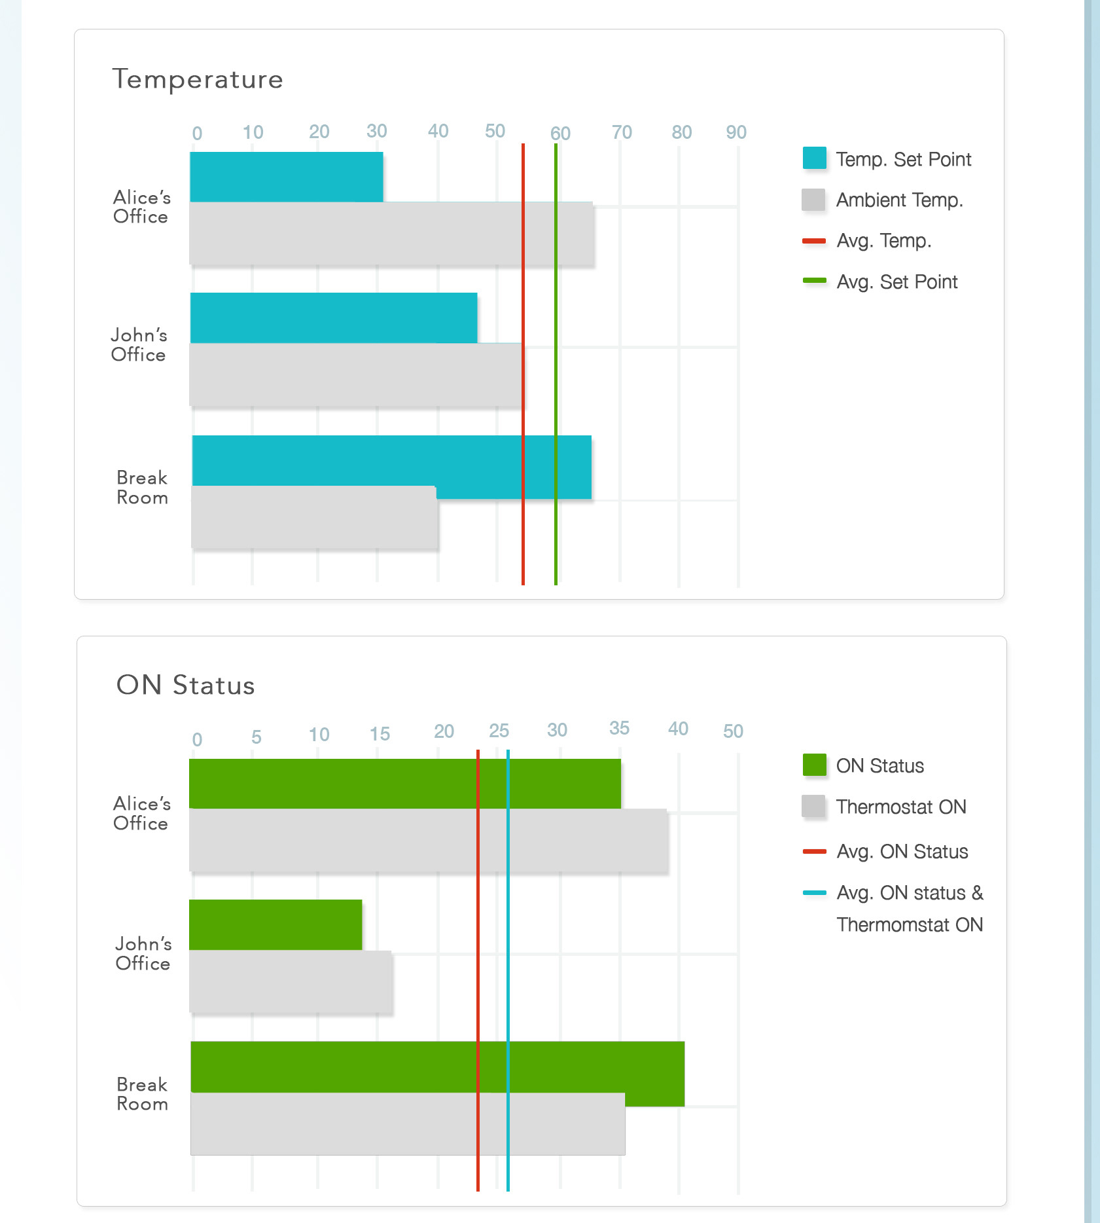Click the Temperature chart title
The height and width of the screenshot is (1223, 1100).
198,79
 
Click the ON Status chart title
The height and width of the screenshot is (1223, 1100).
185,685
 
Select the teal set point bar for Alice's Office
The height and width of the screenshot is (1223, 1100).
287,177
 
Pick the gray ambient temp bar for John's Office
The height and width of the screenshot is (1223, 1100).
356,374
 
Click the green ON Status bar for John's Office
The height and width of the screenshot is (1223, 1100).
275,924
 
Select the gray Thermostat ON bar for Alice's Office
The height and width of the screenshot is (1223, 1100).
429,841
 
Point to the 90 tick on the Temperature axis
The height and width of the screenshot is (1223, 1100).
736,132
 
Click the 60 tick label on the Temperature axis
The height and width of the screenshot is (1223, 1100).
560,134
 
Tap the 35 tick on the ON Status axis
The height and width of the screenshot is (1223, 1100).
619,728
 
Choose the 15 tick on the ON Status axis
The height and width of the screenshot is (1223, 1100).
380,734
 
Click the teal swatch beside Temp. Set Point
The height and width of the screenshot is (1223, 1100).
815,158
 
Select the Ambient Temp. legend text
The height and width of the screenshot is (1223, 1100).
900,200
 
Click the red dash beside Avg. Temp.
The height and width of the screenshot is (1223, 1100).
815,241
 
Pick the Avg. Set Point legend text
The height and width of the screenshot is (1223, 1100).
897,282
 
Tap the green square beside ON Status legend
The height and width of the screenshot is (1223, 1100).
815,765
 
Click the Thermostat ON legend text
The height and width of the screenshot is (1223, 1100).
901,807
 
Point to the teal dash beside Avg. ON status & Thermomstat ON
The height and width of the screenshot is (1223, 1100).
815,892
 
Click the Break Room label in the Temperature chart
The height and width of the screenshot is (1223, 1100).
142,488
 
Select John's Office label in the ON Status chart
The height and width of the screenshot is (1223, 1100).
143,953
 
